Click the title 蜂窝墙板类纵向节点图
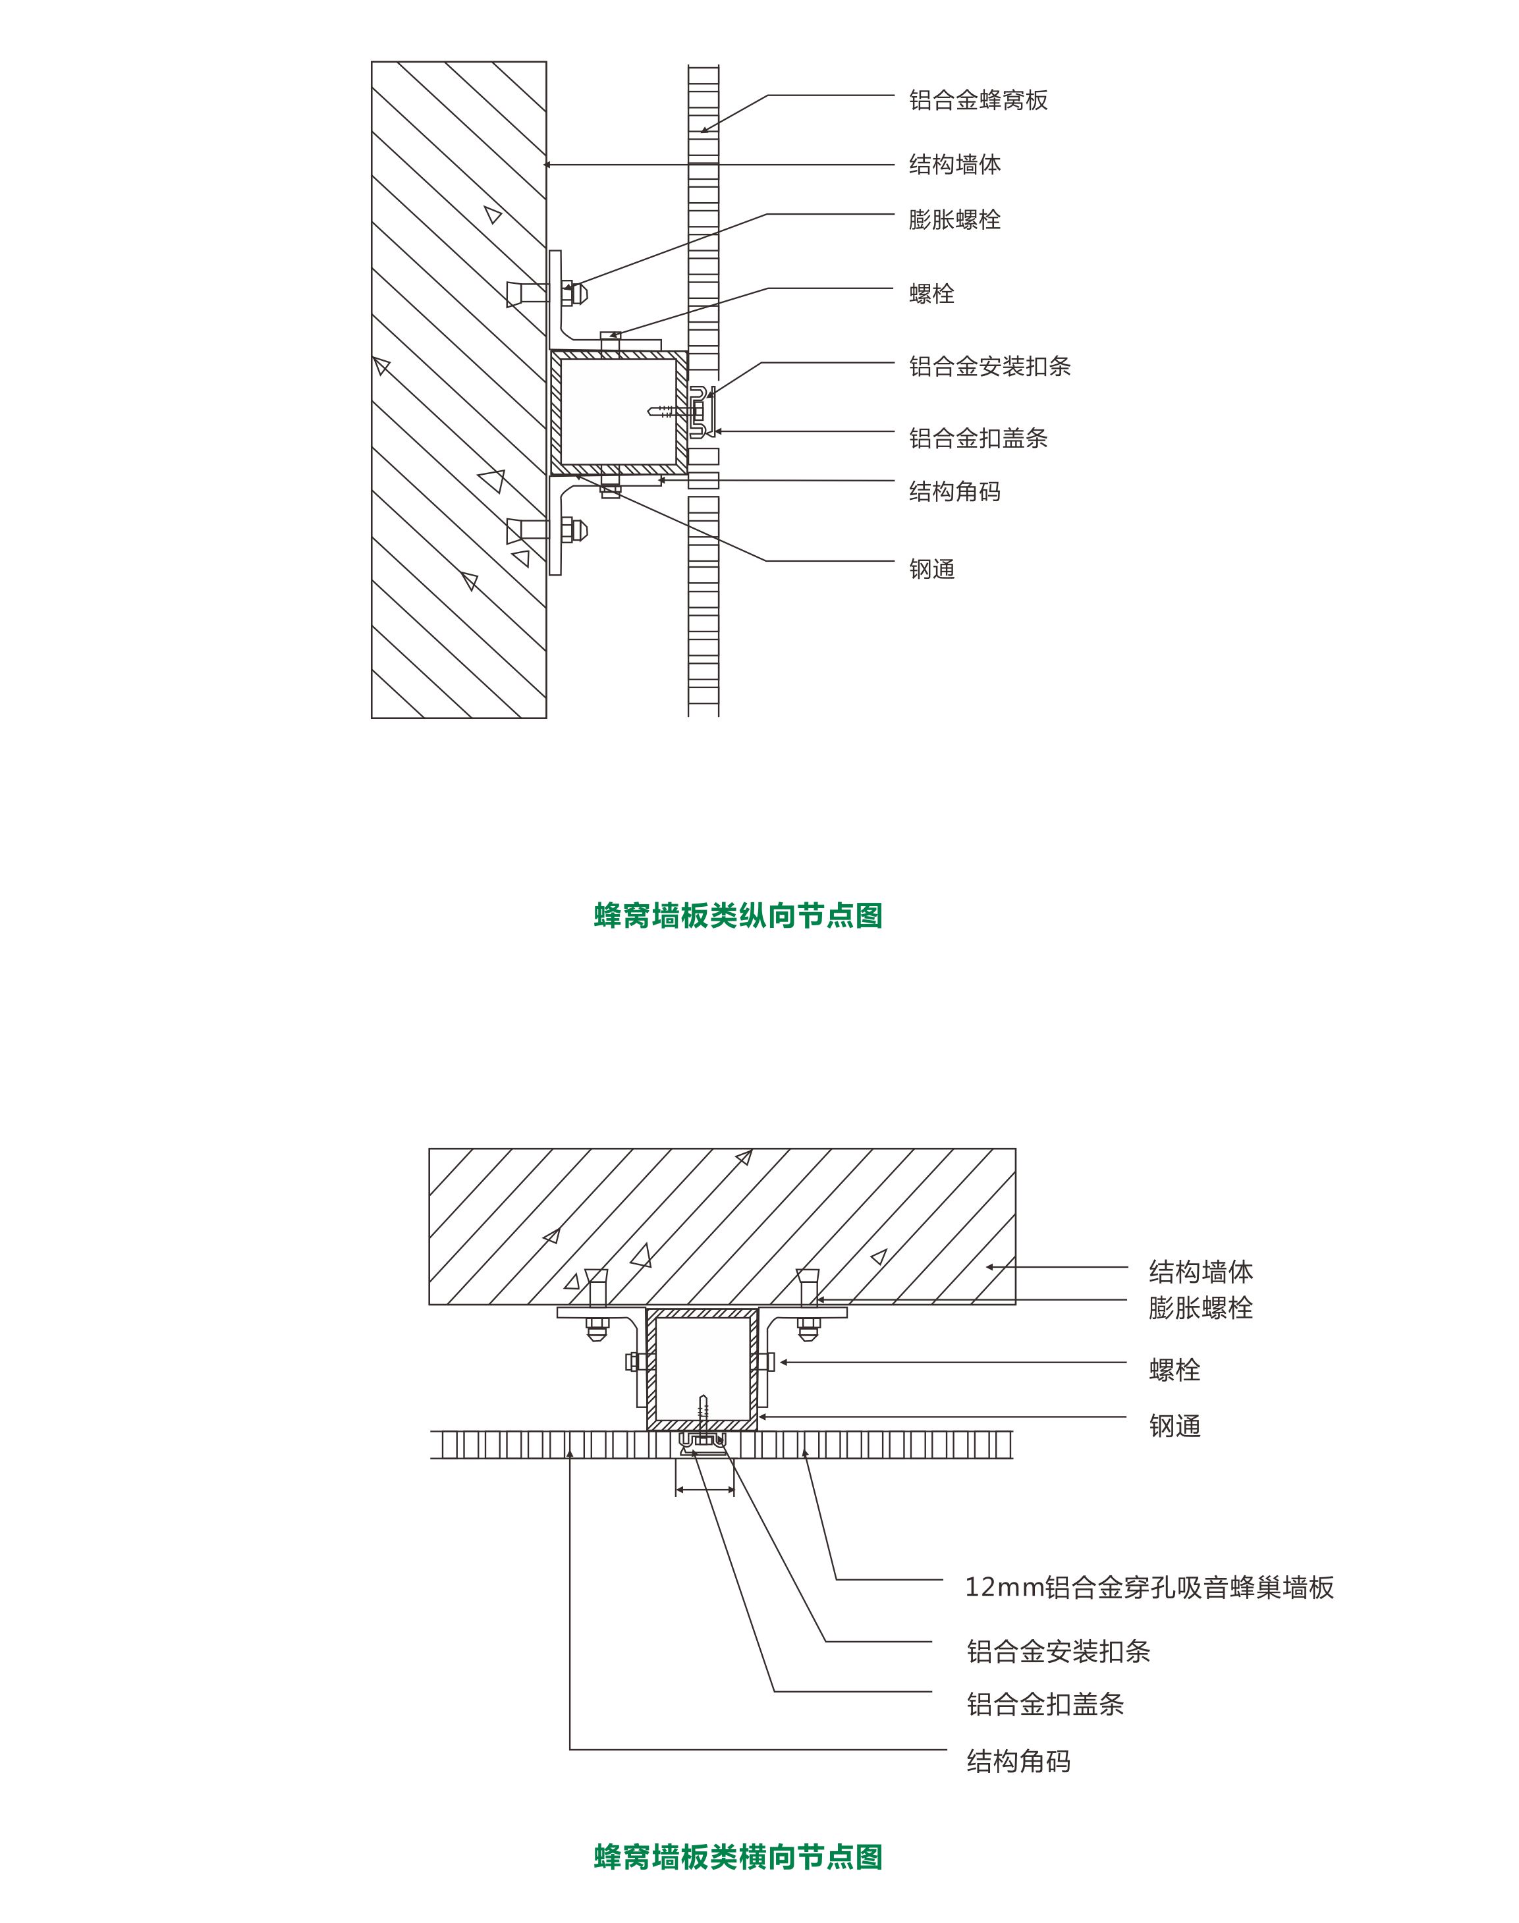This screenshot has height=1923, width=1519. click(x=738, y=915)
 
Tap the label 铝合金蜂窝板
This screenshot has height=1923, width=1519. click(x=978, y=99)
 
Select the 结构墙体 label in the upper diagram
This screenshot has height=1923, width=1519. click(x=955, y=165)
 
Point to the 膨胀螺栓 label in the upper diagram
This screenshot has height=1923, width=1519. click(x=955, y=219)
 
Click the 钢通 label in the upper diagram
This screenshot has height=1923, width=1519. click(x=932, y=569)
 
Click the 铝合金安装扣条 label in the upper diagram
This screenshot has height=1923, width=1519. click(x=990, y=366)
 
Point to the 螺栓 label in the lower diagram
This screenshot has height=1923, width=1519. click(x=1175, y=1369)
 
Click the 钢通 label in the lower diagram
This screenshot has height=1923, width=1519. click(x=1175, y=1426)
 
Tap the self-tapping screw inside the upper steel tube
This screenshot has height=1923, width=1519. click(x=668, y=412)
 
